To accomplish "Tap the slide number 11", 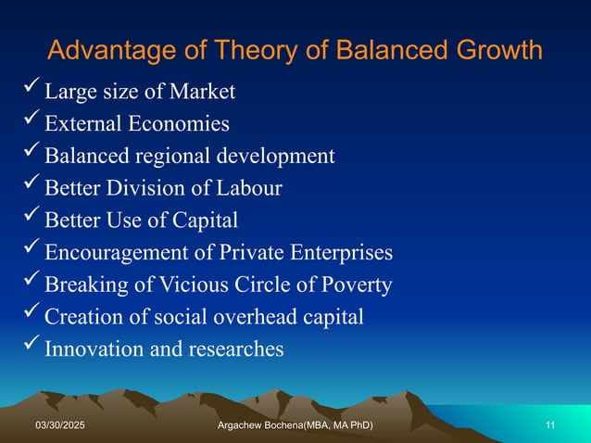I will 550,424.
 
